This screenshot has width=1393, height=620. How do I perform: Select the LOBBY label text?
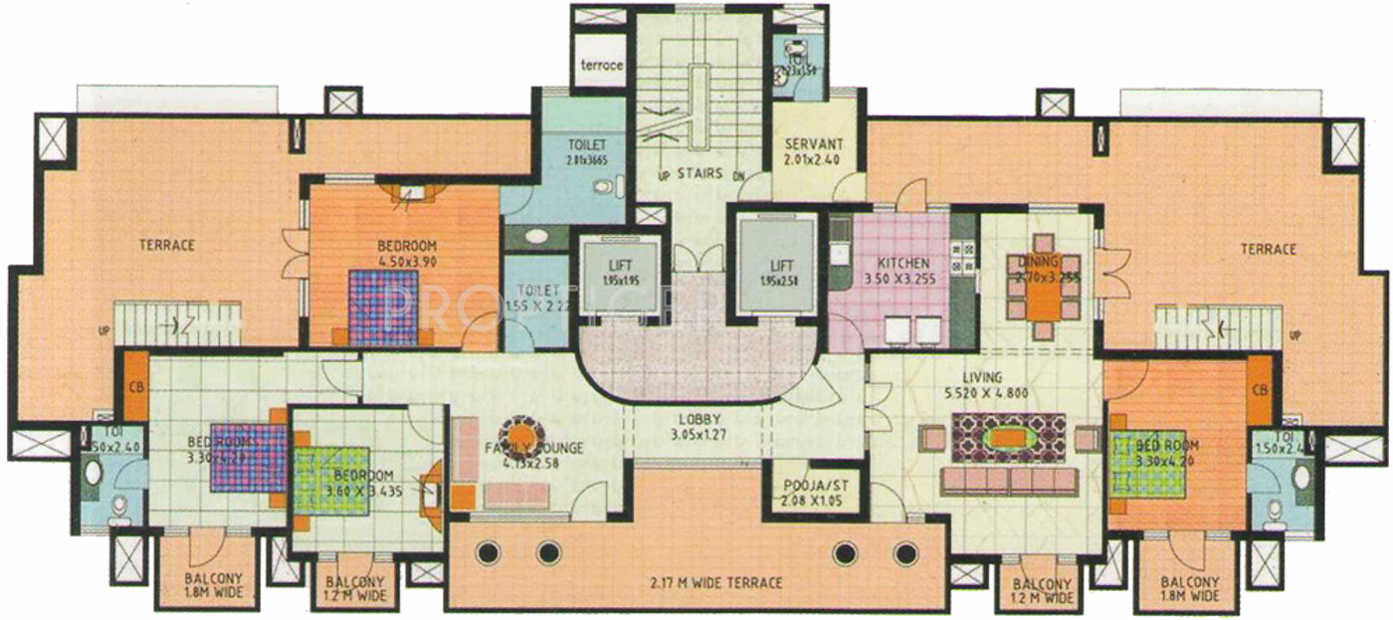(x=695, y=419)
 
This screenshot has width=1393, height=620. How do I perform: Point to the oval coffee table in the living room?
(x=1008, y=438)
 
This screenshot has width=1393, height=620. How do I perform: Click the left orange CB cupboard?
(x=135, y=387)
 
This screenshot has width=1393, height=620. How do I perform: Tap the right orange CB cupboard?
(x=1259, y=389)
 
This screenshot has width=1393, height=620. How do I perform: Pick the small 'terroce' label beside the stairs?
(x=603, y=66)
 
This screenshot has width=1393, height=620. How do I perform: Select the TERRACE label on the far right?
(x=1269, y=249)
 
